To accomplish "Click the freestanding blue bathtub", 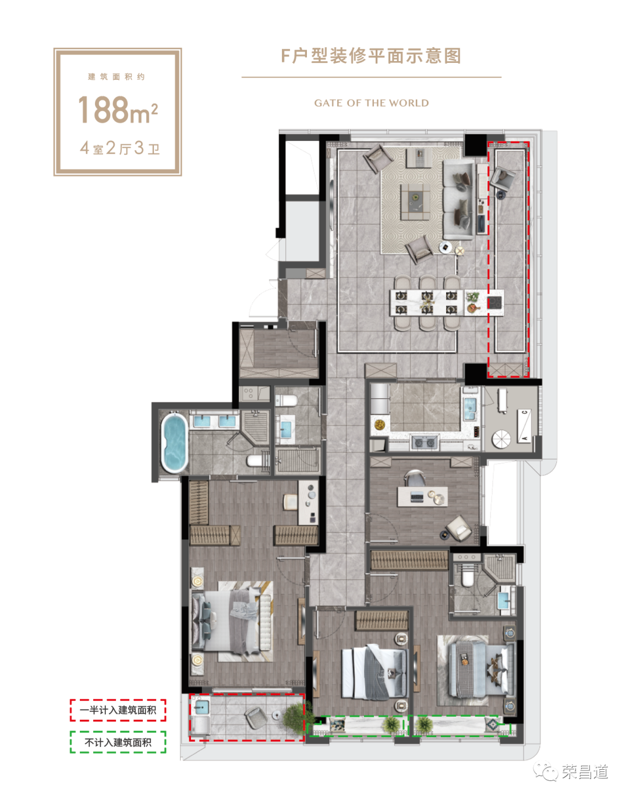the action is pyautogui.click(x=175, y=443).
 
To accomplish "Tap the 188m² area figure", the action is pyautogui.click(x=118, y=109).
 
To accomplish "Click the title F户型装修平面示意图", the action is pyautogui.click(x=371, y=56).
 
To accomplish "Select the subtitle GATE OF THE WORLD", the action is pyautogui.click(x=371, y=103).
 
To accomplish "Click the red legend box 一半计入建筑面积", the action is pyautogui.click(x=118, y=710).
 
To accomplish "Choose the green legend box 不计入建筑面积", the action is pyautogui.click(x=118, y=742).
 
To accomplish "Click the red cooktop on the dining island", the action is pyautogui.click(x=495, y=303).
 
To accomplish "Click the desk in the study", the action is pyautogui.click(x=422, y=496).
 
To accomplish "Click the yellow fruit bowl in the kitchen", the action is pyautogui.click(x=379, y=424).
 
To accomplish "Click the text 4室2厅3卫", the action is pyautogui.click(x=120, y=148).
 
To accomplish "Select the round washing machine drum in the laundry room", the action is pyautogui.click(x=501, y=439).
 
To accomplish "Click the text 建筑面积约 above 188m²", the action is pyautogui.click(x=116, y=77).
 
